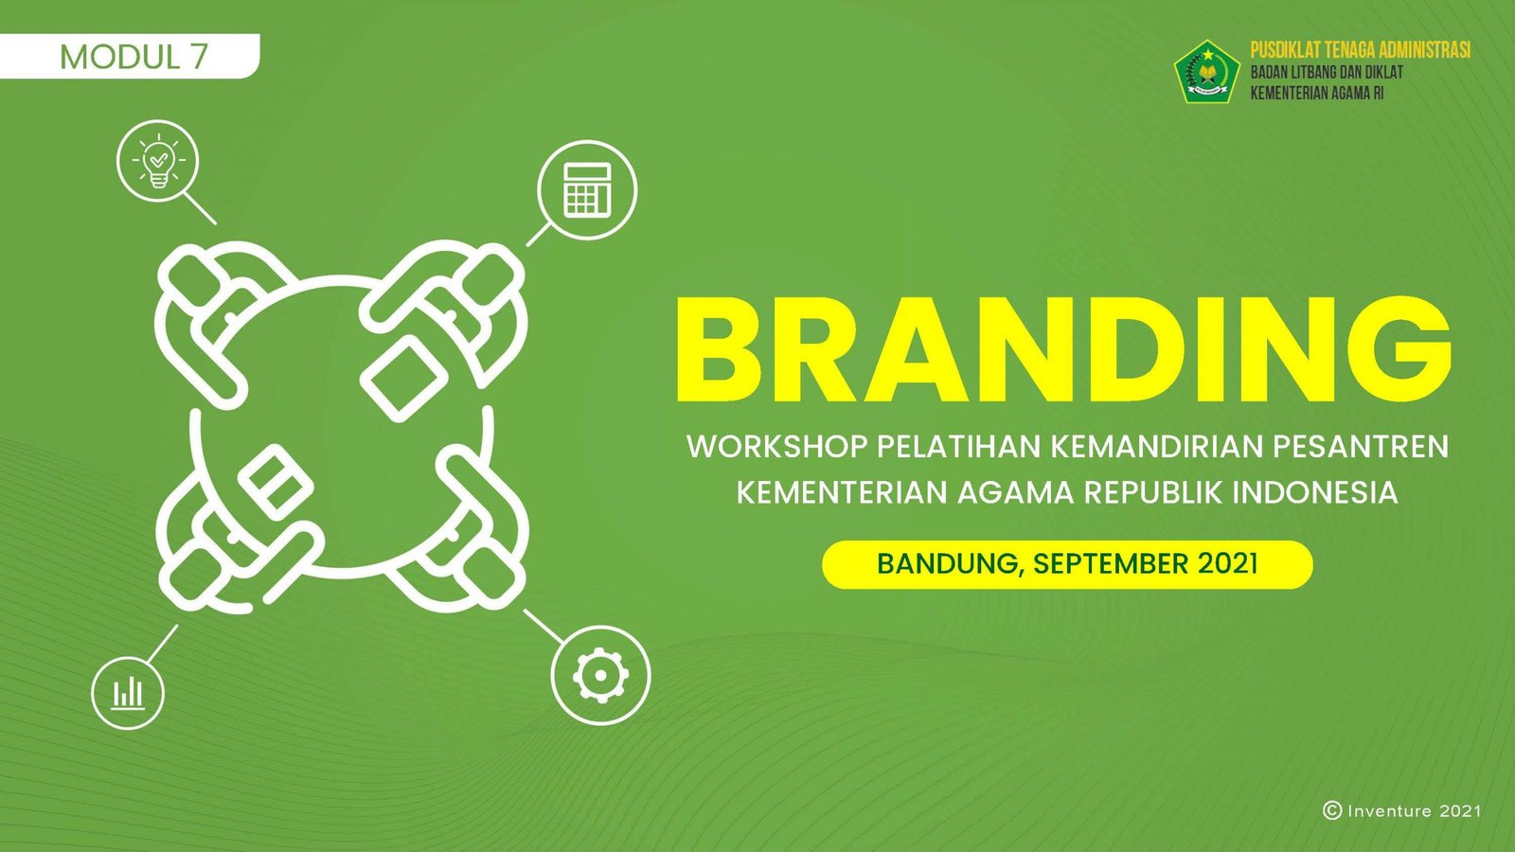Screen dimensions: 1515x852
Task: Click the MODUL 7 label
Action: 134,57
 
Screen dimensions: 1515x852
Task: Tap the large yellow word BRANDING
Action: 1063,349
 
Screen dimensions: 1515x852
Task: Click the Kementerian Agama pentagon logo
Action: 1206,72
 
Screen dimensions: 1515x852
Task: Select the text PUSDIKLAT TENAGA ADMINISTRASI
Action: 1360,50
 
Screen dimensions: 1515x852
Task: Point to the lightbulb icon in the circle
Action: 157,161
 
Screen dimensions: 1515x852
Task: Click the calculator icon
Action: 587,190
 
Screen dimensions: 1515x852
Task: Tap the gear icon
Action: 600,675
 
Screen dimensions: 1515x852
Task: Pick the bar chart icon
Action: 128,693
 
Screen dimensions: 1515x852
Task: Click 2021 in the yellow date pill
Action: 1227,564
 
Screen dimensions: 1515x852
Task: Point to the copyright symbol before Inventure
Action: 1331,810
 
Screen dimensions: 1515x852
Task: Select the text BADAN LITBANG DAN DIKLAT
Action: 1327,72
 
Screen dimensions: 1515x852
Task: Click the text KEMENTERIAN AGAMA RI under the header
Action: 1317,94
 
